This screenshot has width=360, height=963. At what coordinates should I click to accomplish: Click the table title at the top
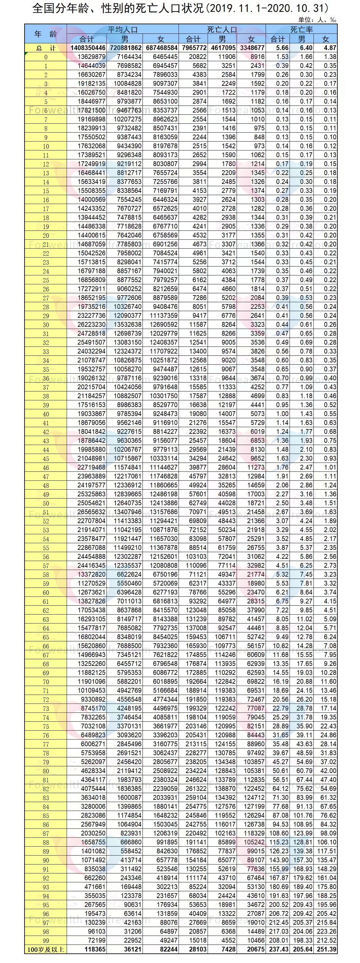point(180,8)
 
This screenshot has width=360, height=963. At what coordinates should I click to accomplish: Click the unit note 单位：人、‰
point(317,20)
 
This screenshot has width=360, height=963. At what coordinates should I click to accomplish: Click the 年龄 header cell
point(46,34)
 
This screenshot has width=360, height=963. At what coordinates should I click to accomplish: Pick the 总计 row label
point(46,48)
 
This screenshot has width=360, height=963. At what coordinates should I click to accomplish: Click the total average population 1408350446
point(88,48)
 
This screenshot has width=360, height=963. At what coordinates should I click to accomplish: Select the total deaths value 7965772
point(195,48)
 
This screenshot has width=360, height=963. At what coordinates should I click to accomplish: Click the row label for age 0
point(46,57)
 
